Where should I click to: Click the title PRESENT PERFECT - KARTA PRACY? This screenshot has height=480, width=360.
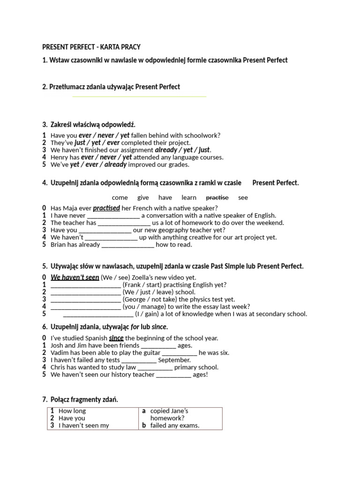91,47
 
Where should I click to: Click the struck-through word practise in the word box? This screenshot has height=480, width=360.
217,198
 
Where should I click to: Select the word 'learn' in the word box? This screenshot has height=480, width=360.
189,198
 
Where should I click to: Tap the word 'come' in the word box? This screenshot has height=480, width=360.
120,198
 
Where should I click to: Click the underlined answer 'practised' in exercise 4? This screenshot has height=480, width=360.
106,208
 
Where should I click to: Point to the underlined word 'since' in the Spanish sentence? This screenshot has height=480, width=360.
116,338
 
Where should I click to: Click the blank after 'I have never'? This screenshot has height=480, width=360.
113,216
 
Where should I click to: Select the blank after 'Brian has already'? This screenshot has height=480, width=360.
127,245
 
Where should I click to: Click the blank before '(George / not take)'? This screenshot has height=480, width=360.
85,300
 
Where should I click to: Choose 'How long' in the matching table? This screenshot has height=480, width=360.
72,411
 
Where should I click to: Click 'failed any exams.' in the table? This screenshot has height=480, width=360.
175,426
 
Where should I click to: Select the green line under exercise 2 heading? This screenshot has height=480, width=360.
139,97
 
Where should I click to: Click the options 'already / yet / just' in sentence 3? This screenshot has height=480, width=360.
182,150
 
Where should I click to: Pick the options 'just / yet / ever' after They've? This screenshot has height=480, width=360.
97,142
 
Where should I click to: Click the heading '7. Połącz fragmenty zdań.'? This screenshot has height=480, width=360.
80,399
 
